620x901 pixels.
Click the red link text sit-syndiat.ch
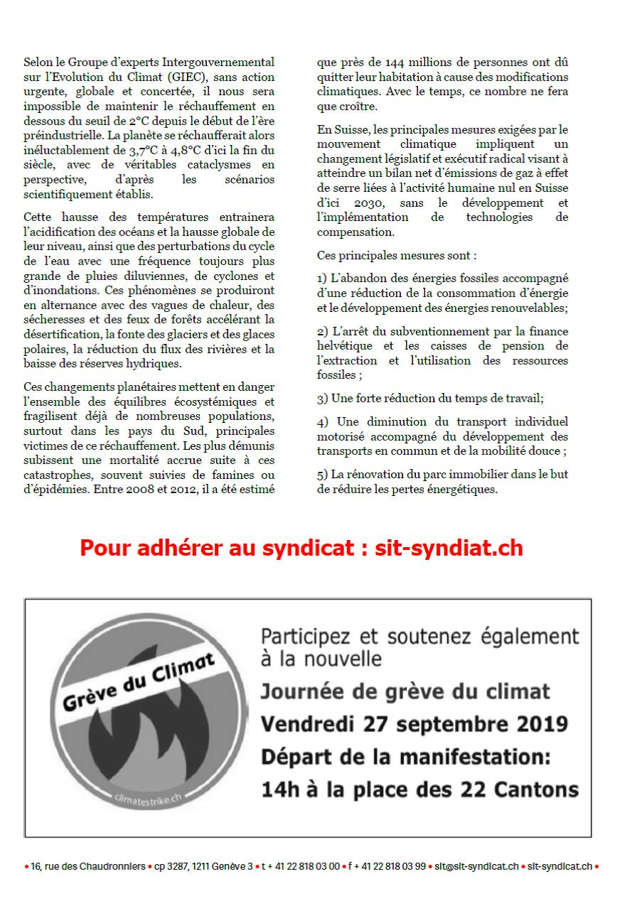click(449, 548)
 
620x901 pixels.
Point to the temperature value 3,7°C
click(143, 150)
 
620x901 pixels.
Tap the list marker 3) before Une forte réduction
click(322, 399)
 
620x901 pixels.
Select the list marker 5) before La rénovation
click(322, 474)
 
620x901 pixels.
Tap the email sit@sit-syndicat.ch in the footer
click(477, 867)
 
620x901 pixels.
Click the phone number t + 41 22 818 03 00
click(300, 867)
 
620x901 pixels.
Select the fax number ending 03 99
click(387, 867)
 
